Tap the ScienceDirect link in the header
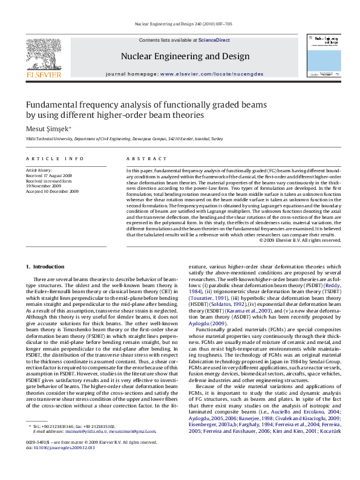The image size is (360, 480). pyautogui.click(x=215, y=39)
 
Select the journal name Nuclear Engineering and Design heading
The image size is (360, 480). pyautogui.click(x=185, y=56)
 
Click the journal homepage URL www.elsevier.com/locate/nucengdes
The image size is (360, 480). pyautogui.click(x=203, y=73)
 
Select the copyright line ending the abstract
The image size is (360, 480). pyautogui.click(x=300, y=240)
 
